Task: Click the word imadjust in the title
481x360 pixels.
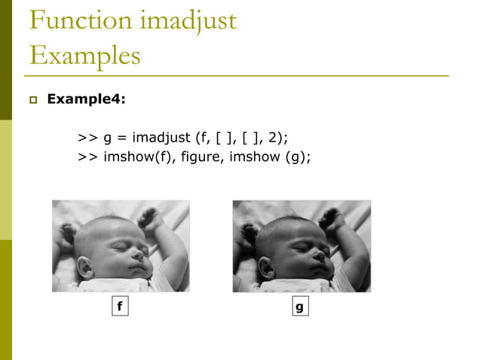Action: click(190, 20)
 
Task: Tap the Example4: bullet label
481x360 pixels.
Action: click(86, 98)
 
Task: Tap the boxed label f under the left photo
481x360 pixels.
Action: click(118, 307)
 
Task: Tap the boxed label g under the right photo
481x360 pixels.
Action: click(299, 307)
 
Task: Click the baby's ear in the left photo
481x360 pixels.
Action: click(85, 267)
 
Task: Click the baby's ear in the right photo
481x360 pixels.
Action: click(266, 267)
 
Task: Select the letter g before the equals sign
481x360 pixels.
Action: click(108, 139)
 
